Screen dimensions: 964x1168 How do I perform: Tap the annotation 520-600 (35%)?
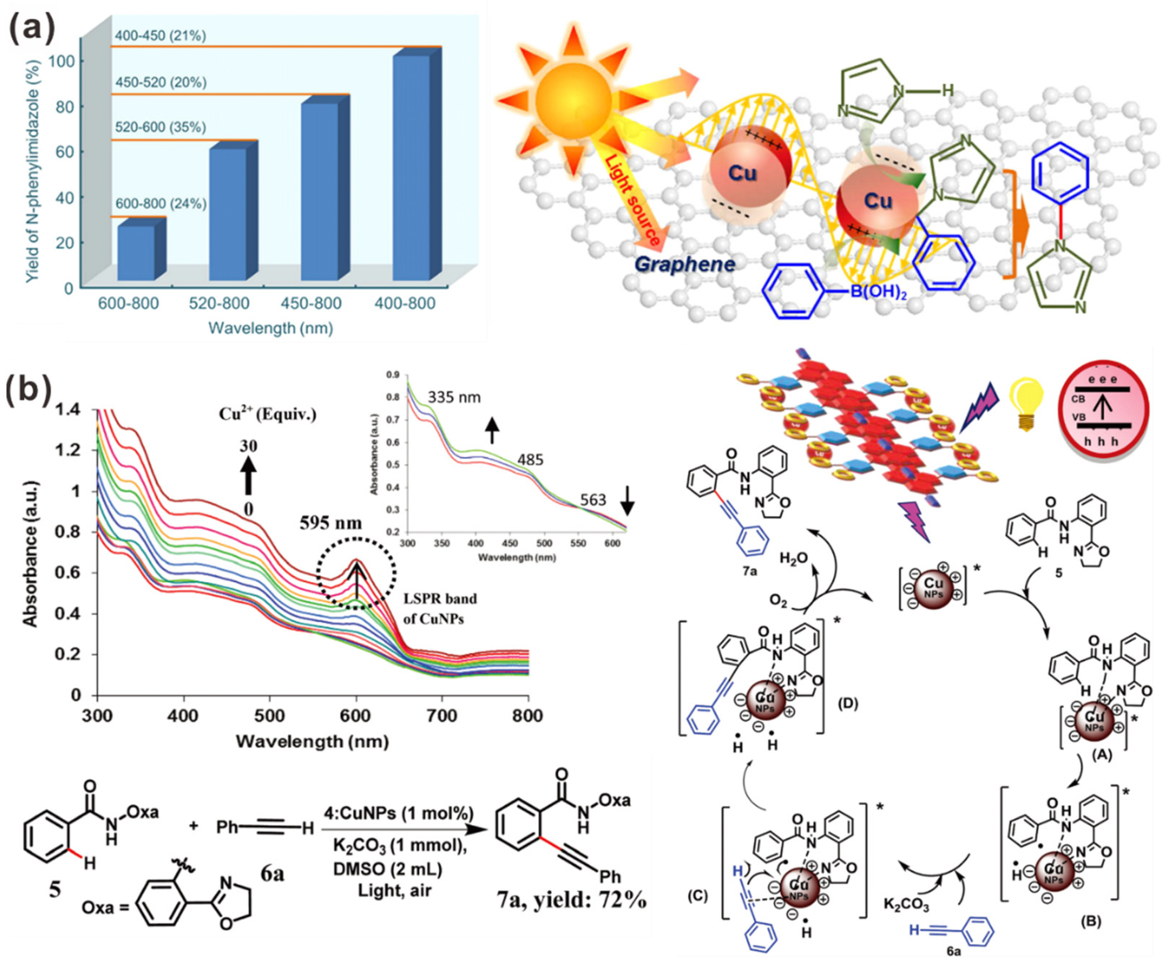(x=160, y=127)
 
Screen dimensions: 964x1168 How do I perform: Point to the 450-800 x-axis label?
(x=311, y=303)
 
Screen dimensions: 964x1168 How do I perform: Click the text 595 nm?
(x=331, y=522)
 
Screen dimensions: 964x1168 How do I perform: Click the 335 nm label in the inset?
(x=453, y=397)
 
